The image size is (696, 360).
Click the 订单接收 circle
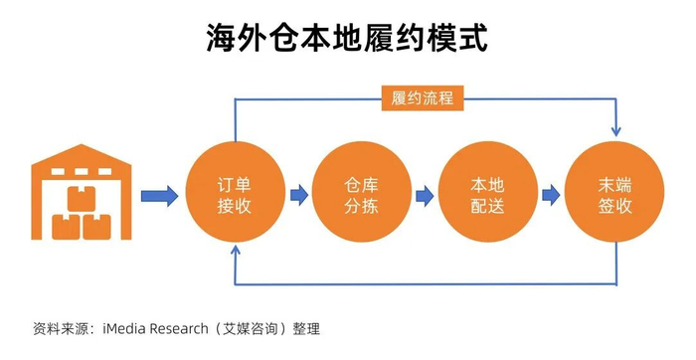tap(236, 192)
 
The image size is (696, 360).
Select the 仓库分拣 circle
tap(361, 192)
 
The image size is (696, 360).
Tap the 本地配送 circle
tap(488, 192)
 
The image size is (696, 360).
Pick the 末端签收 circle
tap(614, 192)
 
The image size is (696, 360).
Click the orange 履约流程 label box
tap(423, 98)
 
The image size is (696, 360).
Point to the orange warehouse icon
tap(82, 192)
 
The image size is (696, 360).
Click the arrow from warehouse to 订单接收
tap(159, 195)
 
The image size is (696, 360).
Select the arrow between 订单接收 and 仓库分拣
tap(299, 195)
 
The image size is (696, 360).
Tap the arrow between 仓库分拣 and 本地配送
tap(425, 196)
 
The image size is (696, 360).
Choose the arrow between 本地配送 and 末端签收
tap(551, 195)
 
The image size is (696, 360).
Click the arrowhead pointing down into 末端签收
tap(615, 131)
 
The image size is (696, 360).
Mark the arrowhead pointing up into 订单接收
tap(236, 251)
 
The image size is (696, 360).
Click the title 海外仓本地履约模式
tap(347, 38)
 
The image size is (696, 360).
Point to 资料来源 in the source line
tap(61, 329)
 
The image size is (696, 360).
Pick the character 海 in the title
tap(222, 39)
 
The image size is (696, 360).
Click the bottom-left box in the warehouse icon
tap(67, 228)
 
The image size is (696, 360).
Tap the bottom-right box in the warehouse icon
tap(97, 228)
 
